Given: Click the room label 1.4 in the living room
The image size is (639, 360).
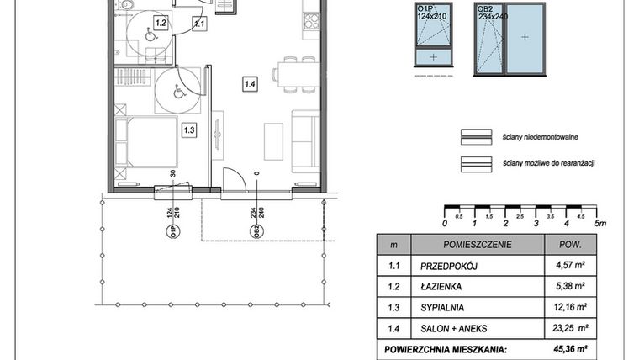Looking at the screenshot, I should point(250,83).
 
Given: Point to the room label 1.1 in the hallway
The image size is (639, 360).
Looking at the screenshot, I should point(199,24).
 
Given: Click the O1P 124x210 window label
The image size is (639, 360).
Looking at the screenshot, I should point(434,12).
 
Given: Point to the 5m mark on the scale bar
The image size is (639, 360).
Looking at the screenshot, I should point(599,224).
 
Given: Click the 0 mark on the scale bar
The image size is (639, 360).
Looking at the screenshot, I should point(444,224).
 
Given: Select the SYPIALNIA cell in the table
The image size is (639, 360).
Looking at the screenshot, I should point(444,307).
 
